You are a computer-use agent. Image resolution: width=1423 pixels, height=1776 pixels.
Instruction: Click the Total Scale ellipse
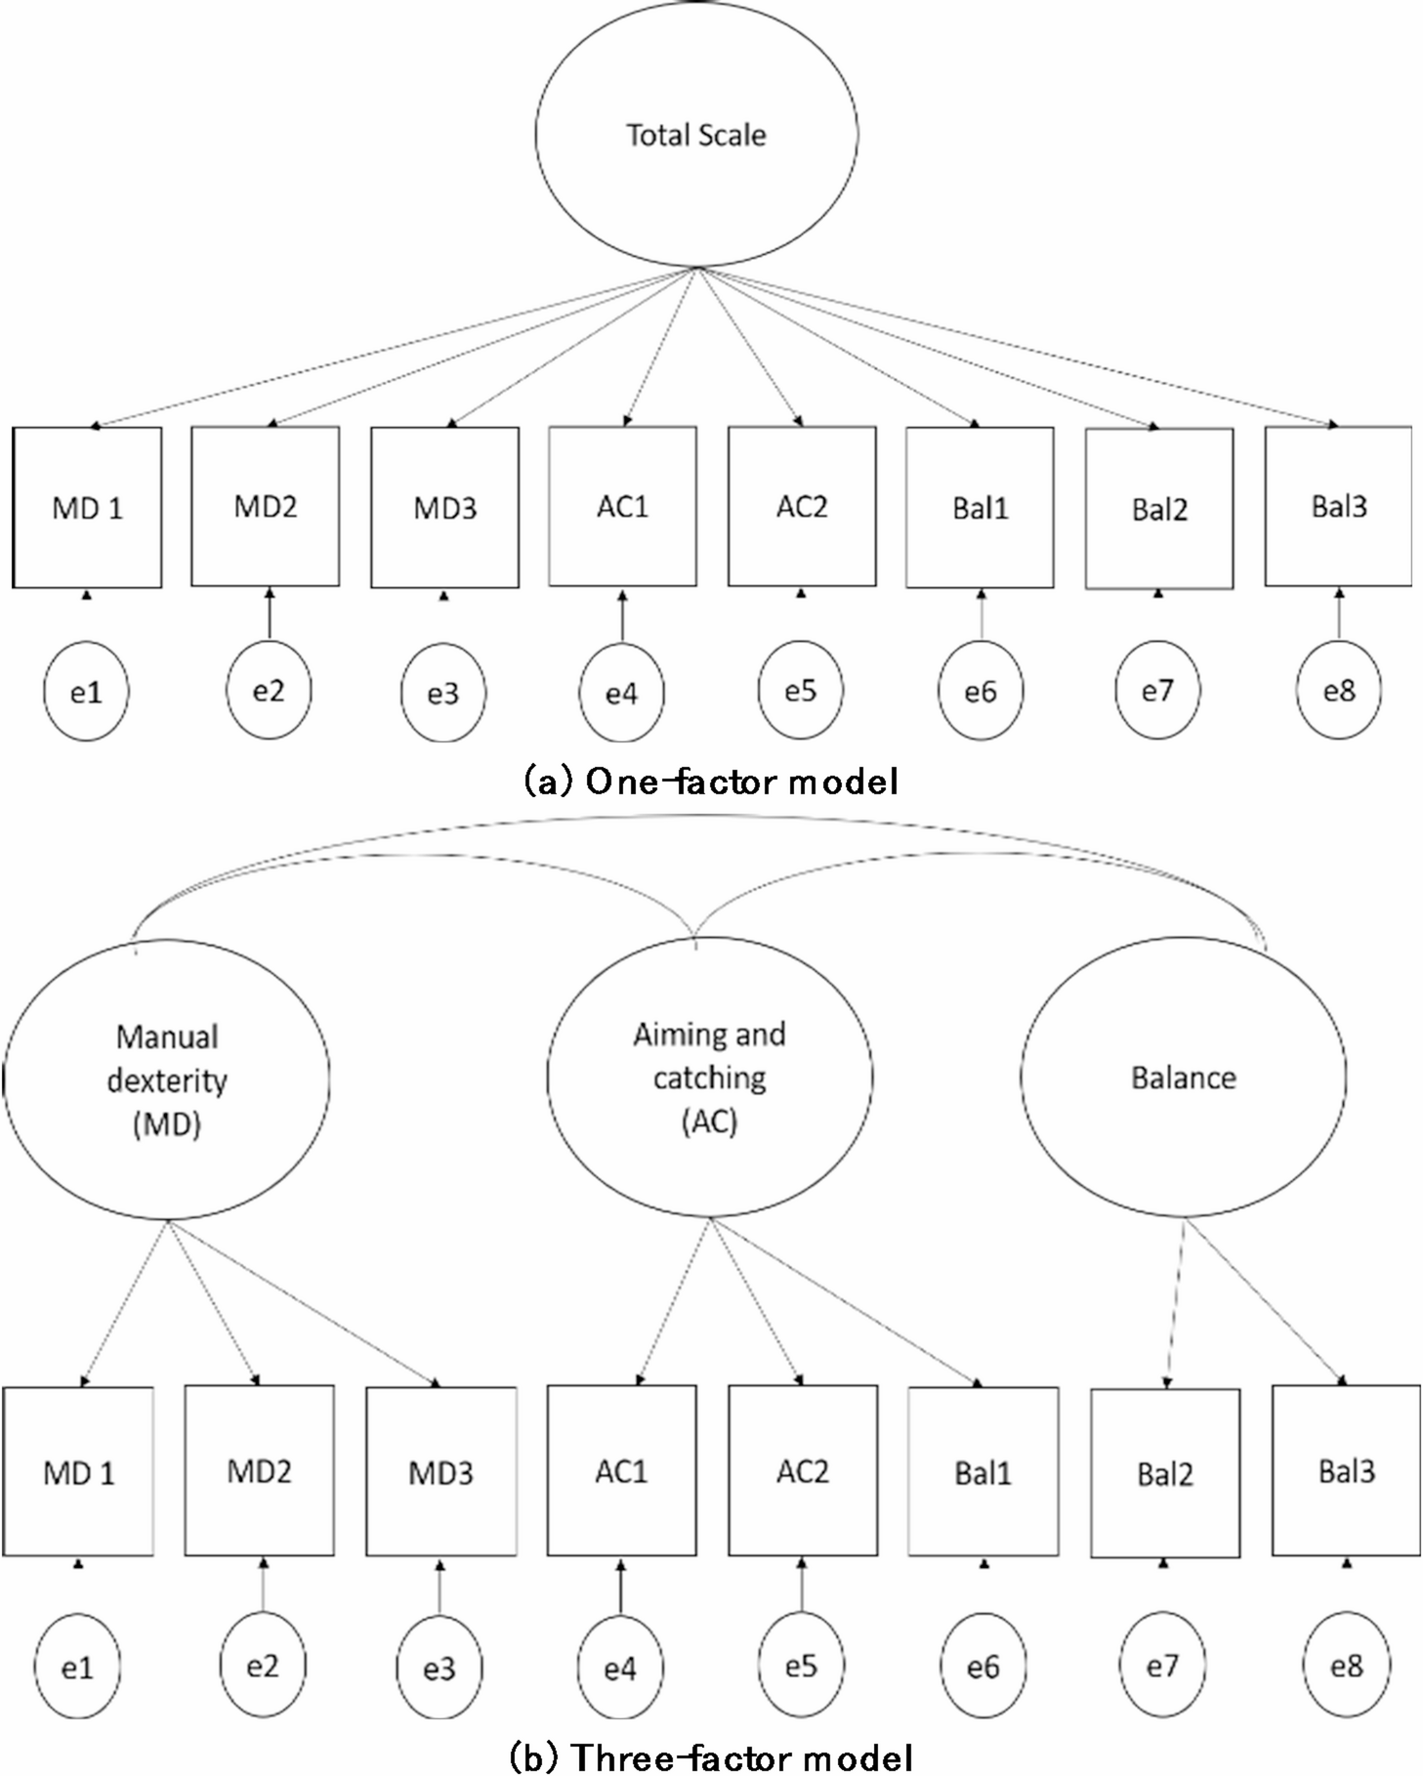(695, 134)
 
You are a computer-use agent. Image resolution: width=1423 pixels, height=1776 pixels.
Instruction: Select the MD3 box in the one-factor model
(444, 507)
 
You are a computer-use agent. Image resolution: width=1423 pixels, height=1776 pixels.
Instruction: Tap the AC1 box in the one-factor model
(622, 506)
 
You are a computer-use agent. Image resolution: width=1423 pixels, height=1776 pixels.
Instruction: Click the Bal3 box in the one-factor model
(1338, 506)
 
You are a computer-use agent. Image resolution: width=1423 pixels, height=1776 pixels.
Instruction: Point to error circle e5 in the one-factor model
(800, 691)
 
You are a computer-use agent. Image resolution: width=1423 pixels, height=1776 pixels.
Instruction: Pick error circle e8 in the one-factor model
(1339, 691)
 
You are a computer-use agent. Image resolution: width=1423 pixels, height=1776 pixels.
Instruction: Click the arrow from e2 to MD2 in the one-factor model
(270, 615)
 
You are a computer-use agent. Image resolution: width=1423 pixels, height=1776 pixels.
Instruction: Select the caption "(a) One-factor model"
(711, 781)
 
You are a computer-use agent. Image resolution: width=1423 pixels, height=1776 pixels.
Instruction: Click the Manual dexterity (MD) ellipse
(166, 1079)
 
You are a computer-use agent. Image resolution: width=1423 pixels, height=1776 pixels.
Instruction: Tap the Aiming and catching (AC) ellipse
(709, 1077)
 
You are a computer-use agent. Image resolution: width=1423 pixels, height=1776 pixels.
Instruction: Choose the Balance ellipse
(1183, 1077)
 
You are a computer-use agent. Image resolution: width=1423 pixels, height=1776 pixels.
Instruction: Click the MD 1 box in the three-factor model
(78, 1471)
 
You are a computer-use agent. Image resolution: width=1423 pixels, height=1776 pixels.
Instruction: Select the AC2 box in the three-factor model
(802, 1470)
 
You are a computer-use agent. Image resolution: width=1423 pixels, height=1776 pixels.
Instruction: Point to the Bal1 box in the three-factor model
(983, 1471)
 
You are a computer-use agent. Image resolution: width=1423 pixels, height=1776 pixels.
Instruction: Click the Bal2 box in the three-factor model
(1164, 1473)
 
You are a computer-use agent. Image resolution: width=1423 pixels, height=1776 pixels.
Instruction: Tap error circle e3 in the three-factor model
(439, 1668)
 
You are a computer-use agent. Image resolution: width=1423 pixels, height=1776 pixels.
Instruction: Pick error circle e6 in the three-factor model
(983, 1667)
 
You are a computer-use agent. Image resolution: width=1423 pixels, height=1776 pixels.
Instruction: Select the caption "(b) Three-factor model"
(711, 1757)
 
